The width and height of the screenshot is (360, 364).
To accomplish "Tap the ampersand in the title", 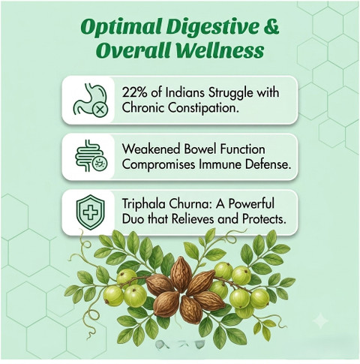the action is pos(271,26).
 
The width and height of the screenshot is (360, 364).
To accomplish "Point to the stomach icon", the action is pos(91,99).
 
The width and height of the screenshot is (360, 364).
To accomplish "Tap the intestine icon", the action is pos(91,155).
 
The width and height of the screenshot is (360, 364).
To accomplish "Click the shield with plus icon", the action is pos(90,212).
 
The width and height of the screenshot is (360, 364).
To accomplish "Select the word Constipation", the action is pos(202,108).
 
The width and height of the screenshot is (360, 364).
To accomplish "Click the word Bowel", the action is pos(199,149).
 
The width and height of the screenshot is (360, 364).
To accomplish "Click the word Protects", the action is pos(264,219).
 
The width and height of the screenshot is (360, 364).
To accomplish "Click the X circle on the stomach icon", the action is pos(100,110).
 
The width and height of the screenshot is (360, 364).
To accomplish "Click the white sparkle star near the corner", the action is pos(321,321).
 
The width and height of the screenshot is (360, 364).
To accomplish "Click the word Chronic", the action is pos(143,108).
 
